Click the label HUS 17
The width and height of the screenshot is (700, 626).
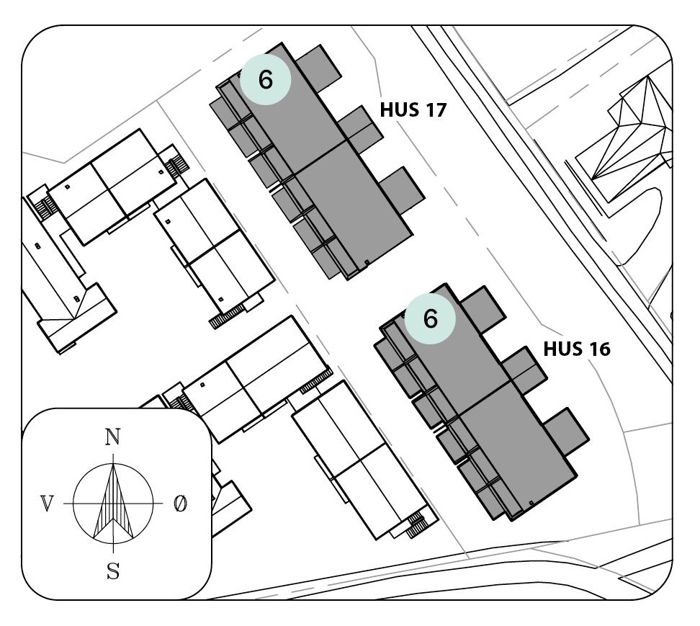click(413, 110)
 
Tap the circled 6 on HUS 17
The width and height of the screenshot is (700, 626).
click(265, 80)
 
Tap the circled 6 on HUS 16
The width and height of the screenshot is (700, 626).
click(430, 318)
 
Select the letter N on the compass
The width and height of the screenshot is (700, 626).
click(112, 437)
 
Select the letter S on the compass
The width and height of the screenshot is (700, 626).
click(113, 572)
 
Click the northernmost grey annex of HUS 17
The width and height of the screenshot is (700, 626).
click(320, 67)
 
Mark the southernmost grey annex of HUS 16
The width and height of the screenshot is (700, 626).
click(566, 432)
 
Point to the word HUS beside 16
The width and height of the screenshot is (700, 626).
click(561, 349)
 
